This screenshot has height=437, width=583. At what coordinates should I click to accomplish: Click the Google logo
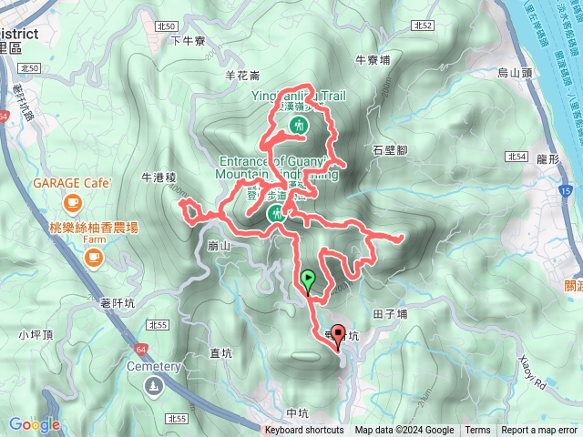[x=35, y=424]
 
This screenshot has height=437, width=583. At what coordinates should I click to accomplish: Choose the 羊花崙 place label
[x=242, y=75]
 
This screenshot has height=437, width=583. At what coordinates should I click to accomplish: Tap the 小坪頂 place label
[x=35, y=335]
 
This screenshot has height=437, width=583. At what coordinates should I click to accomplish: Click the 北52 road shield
[x=421, y=26]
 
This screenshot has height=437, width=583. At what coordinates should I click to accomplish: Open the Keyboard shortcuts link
[x=304, y=431]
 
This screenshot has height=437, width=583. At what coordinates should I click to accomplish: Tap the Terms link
[x=477, y=431]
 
